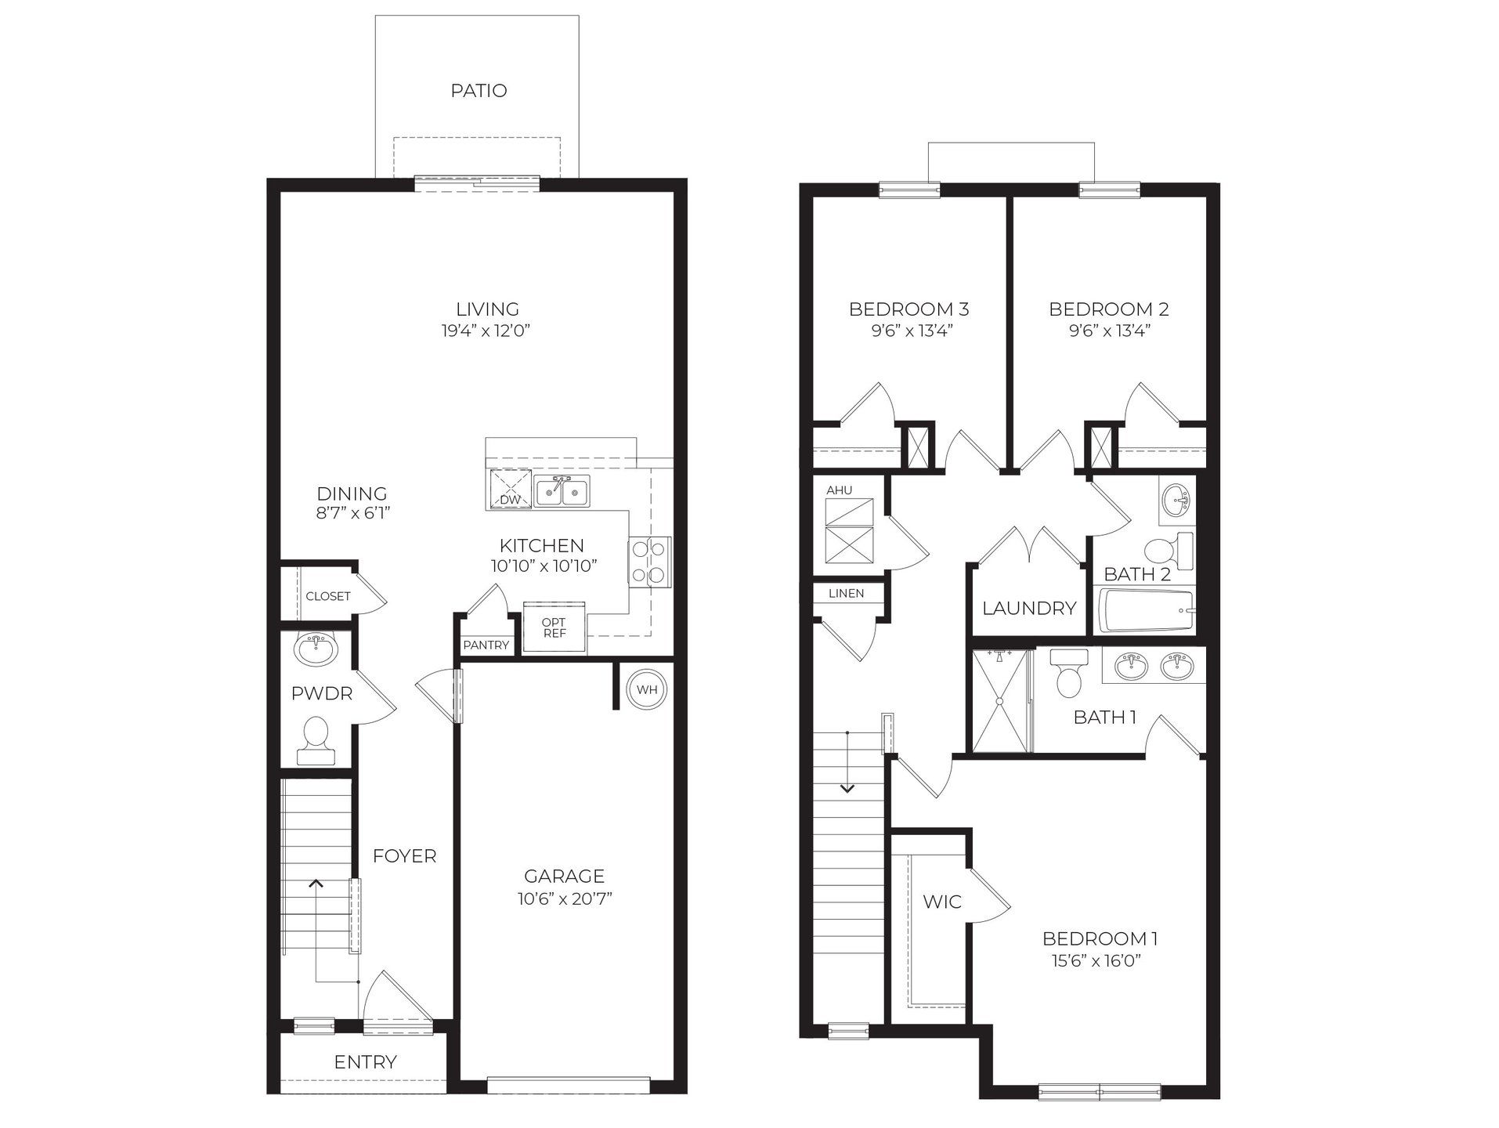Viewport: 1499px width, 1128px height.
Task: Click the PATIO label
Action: tap(479, 91)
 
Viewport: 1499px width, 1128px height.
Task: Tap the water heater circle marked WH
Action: tap(647, 689)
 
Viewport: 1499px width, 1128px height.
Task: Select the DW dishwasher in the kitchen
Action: tap(510, 490)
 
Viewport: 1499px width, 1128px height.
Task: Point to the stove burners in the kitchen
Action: tap(649, 562)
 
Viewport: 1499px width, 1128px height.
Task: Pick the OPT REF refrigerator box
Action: tap(554, 627)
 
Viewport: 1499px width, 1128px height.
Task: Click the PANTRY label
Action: tap(486, 645)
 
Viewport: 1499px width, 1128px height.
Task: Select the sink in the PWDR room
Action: tap(316, 649)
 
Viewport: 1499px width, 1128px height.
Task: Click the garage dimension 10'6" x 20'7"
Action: tap(564, 898)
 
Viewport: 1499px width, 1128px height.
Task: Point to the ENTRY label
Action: tap(365, 1062)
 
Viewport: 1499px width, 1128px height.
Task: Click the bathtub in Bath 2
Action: tap(1147, 611)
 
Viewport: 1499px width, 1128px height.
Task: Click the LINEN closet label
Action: tap(847, 593)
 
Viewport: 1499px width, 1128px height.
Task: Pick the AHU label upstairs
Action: tap(839, 490)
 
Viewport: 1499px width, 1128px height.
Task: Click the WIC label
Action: tap(941, 902)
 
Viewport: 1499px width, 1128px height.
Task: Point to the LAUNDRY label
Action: tap(1029, 608)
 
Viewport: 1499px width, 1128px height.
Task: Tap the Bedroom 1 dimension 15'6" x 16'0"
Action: tap(1100, 960)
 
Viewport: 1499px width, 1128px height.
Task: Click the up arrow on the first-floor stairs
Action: tap(316, 884)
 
